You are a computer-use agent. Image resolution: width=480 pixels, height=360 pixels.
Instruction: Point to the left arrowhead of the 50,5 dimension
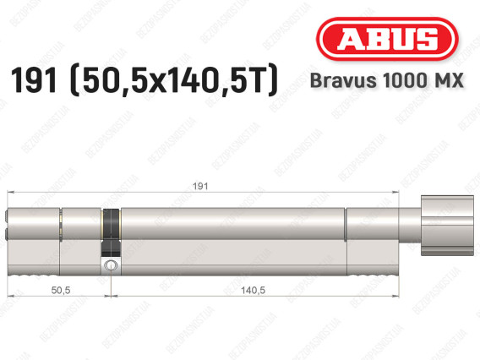[x=10, y=297]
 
